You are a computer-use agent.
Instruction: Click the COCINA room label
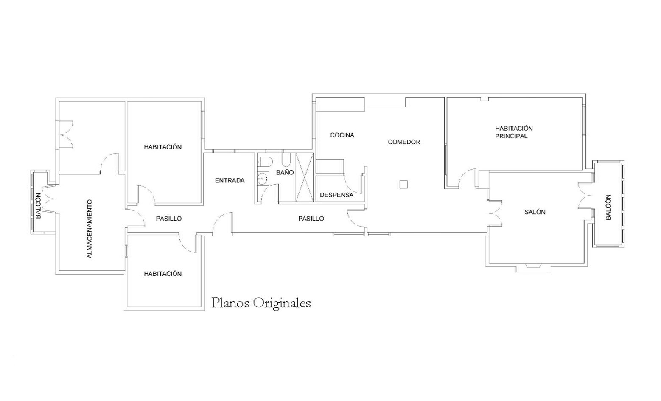tap(342, 135)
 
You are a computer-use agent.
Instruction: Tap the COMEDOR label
tap(403, 142)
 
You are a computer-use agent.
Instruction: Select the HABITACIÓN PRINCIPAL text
tap(514, 132)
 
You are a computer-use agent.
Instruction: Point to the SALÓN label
tap(535, 212)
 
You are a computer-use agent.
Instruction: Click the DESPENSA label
tap(336, 195)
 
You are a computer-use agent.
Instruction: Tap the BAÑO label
tap(285, 172)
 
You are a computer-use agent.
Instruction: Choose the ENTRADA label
tap(230, 181)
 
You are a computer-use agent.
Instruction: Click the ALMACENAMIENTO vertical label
tap(90, 229)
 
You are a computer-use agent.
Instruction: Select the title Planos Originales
tap(261, 303)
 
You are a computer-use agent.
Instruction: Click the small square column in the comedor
tap(403, 185)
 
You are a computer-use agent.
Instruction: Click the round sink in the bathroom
tap(261, 179)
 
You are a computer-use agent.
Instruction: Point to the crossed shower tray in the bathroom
tap(305, 177)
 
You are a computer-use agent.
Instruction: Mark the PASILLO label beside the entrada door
tap(169, 219)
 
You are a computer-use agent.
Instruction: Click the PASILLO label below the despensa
tap(311, 219)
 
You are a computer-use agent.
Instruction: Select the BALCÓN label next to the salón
tap(608, 207)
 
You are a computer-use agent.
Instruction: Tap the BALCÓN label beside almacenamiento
tap(38, 206)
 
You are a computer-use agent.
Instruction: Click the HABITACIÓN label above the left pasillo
tap(162, 147)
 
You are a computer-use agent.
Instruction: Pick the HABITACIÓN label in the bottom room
tap(162, 274)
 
